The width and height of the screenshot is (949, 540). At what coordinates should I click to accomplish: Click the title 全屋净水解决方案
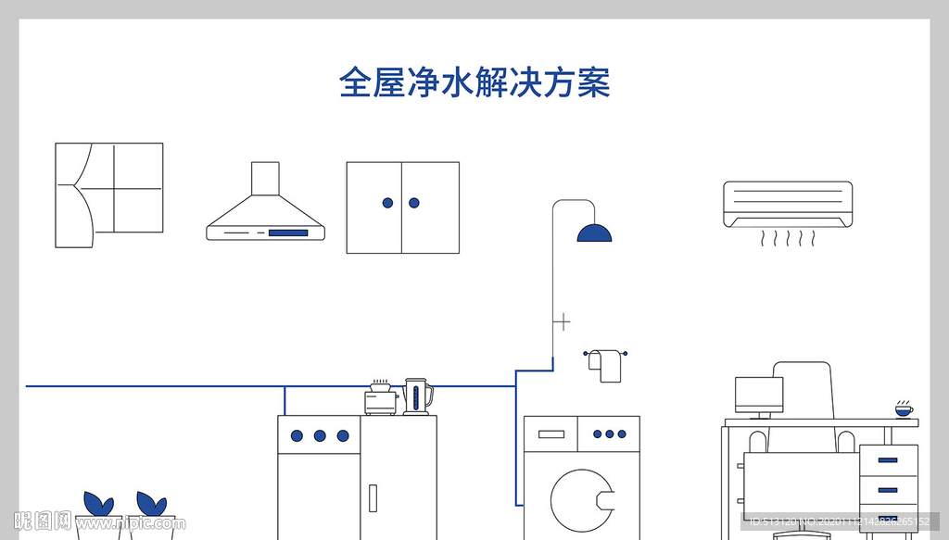(474, 82)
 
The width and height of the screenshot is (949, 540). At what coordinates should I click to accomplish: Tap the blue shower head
(594, 233)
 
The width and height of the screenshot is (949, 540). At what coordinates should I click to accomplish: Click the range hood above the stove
(266, 208)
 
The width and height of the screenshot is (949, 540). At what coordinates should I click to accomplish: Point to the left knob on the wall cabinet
(388, 203)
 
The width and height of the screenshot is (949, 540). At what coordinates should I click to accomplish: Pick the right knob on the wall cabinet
(414, 203)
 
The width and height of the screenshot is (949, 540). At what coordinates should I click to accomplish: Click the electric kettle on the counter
(417, 396)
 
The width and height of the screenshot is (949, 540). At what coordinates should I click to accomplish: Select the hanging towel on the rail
(608, 366)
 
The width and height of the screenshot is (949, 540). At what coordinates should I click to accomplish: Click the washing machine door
(582, 501)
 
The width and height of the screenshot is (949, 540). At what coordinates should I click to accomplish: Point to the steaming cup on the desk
(903, 408)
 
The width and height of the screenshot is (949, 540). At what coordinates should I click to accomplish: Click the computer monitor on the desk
(759, 396)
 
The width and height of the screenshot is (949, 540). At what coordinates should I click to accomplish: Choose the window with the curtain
(108, 195)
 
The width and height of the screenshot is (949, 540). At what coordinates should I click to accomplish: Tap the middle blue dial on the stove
(320, 435)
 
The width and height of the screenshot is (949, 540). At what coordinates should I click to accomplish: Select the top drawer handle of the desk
(888, 460)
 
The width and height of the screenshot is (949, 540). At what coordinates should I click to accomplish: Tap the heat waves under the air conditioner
(787, 240)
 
